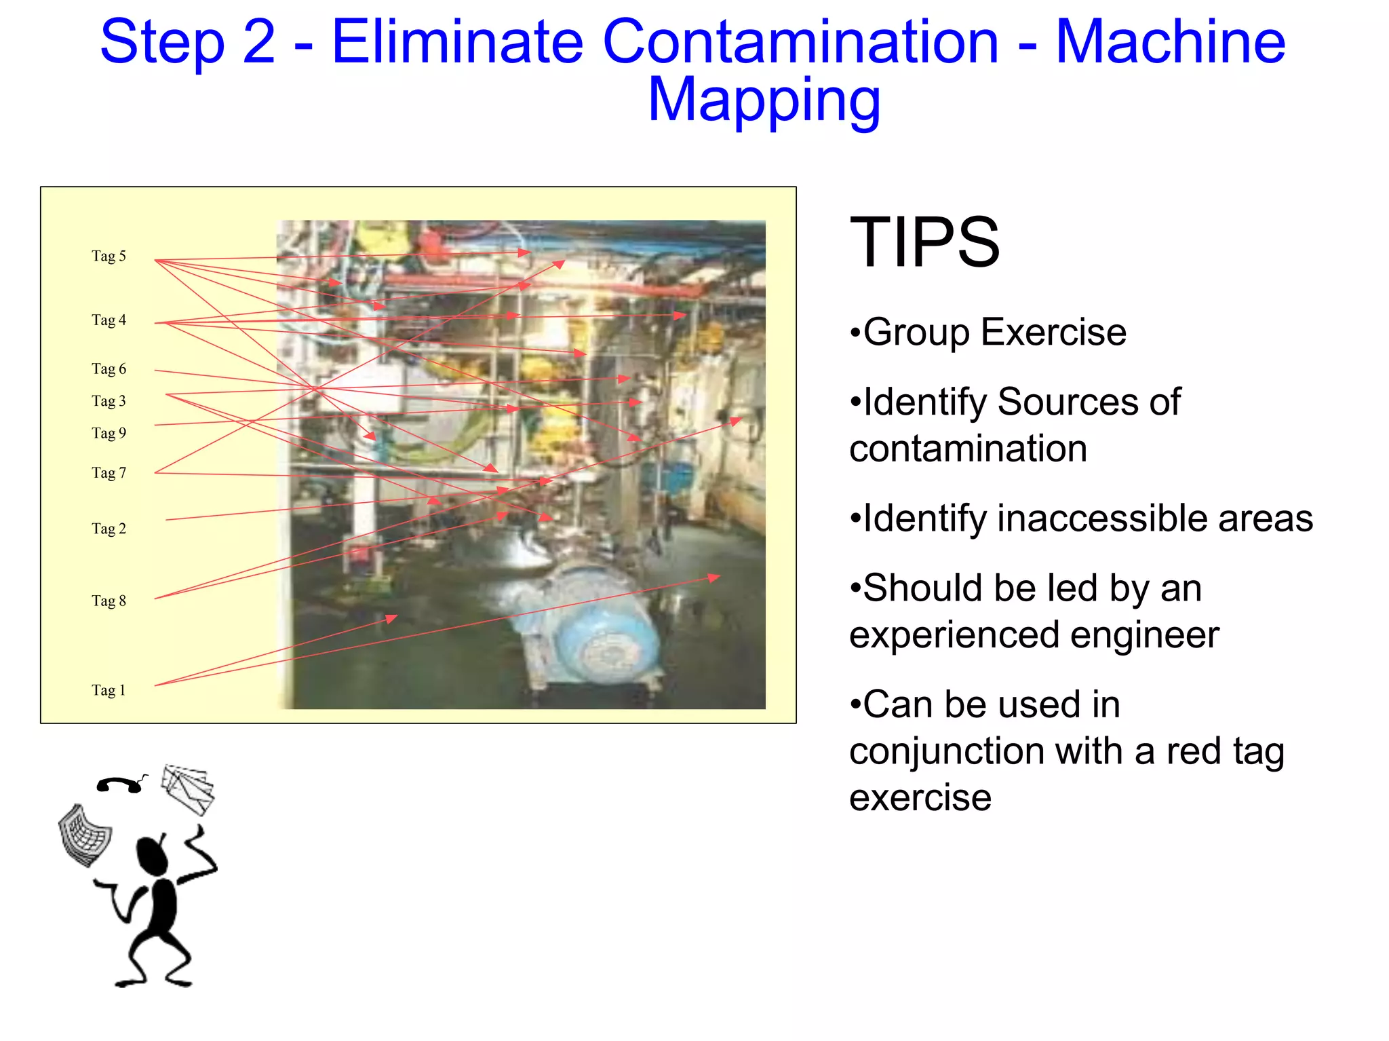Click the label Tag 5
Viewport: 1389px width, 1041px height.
pos(109,256)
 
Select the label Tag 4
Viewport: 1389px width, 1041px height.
pos(109,320)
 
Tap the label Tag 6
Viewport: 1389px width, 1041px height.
pos(109,368)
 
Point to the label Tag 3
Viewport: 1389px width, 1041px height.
pos(109,400)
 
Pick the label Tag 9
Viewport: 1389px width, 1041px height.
pos(109,432)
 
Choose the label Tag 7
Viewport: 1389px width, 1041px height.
pos(109,472)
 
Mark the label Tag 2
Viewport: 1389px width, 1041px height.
pos(109,528)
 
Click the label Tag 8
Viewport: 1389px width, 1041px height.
pos(109,601)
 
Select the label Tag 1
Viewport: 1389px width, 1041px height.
pos(109,690)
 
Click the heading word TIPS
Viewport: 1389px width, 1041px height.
pos(924,242)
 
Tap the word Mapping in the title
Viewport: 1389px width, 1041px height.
pos(764,100)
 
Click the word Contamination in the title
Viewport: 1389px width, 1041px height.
pos(800,42)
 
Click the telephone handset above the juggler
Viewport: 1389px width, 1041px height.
pos(120,784)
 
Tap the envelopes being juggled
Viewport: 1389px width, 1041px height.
pos(188,789)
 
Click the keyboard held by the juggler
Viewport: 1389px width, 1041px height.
pos(84,835)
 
